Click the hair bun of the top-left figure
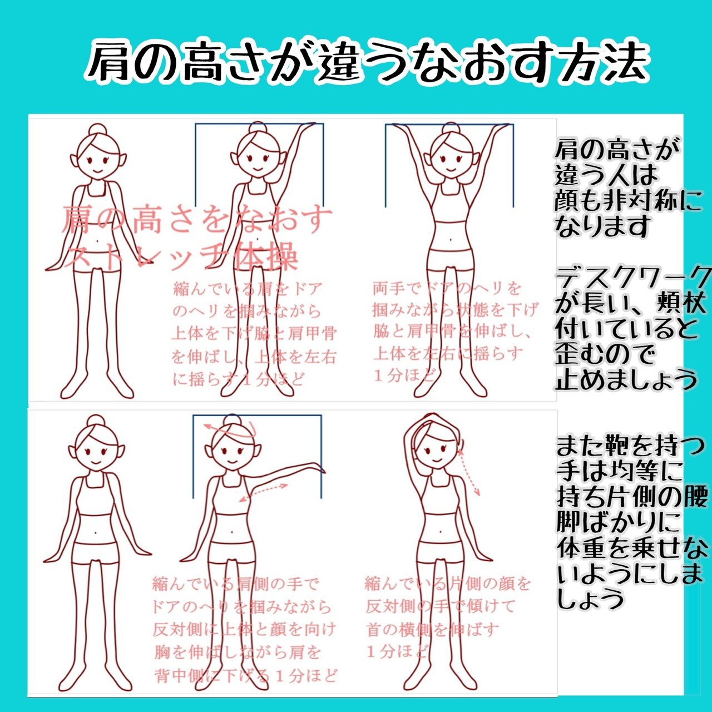pyautogui.click(x=98, y=129)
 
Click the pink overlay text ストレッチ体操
pyautogui.click(x=181, y=256)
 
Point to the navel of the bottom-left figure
pyautogui.click(x=98, y=532)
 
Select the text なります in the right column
pyautogui.click(x=603, y=226)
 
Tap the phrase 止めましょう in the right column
pyautogui.click(x=626, y=380)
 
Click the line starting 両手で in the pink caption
pyautogui.click(x=447, y=289)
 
